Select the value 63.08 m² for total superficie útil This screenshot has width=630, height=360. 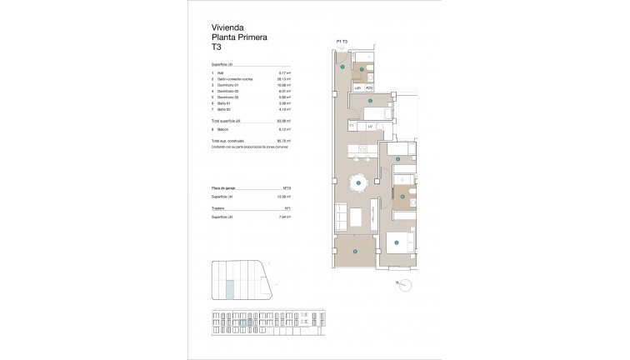(x=283, y=121)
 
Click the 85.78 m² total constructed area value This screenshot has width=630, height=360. (x=283, y=141)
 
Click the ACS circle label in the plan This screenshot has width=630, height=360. (x=369, y=87)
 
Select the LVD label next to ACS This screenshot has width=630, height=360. (x=357, y=87)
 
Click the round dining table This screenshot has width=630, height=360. (x=358, y=182)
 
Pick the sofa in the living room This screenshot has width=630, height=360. (x=341, y=218)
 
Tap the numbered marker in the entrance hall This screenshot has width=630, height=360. (x=342, y=67)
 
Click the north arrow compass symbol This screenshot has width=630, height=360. (x=406, y=286)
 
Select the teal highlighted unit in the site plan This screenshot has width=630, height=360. (x=231, y=289)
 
